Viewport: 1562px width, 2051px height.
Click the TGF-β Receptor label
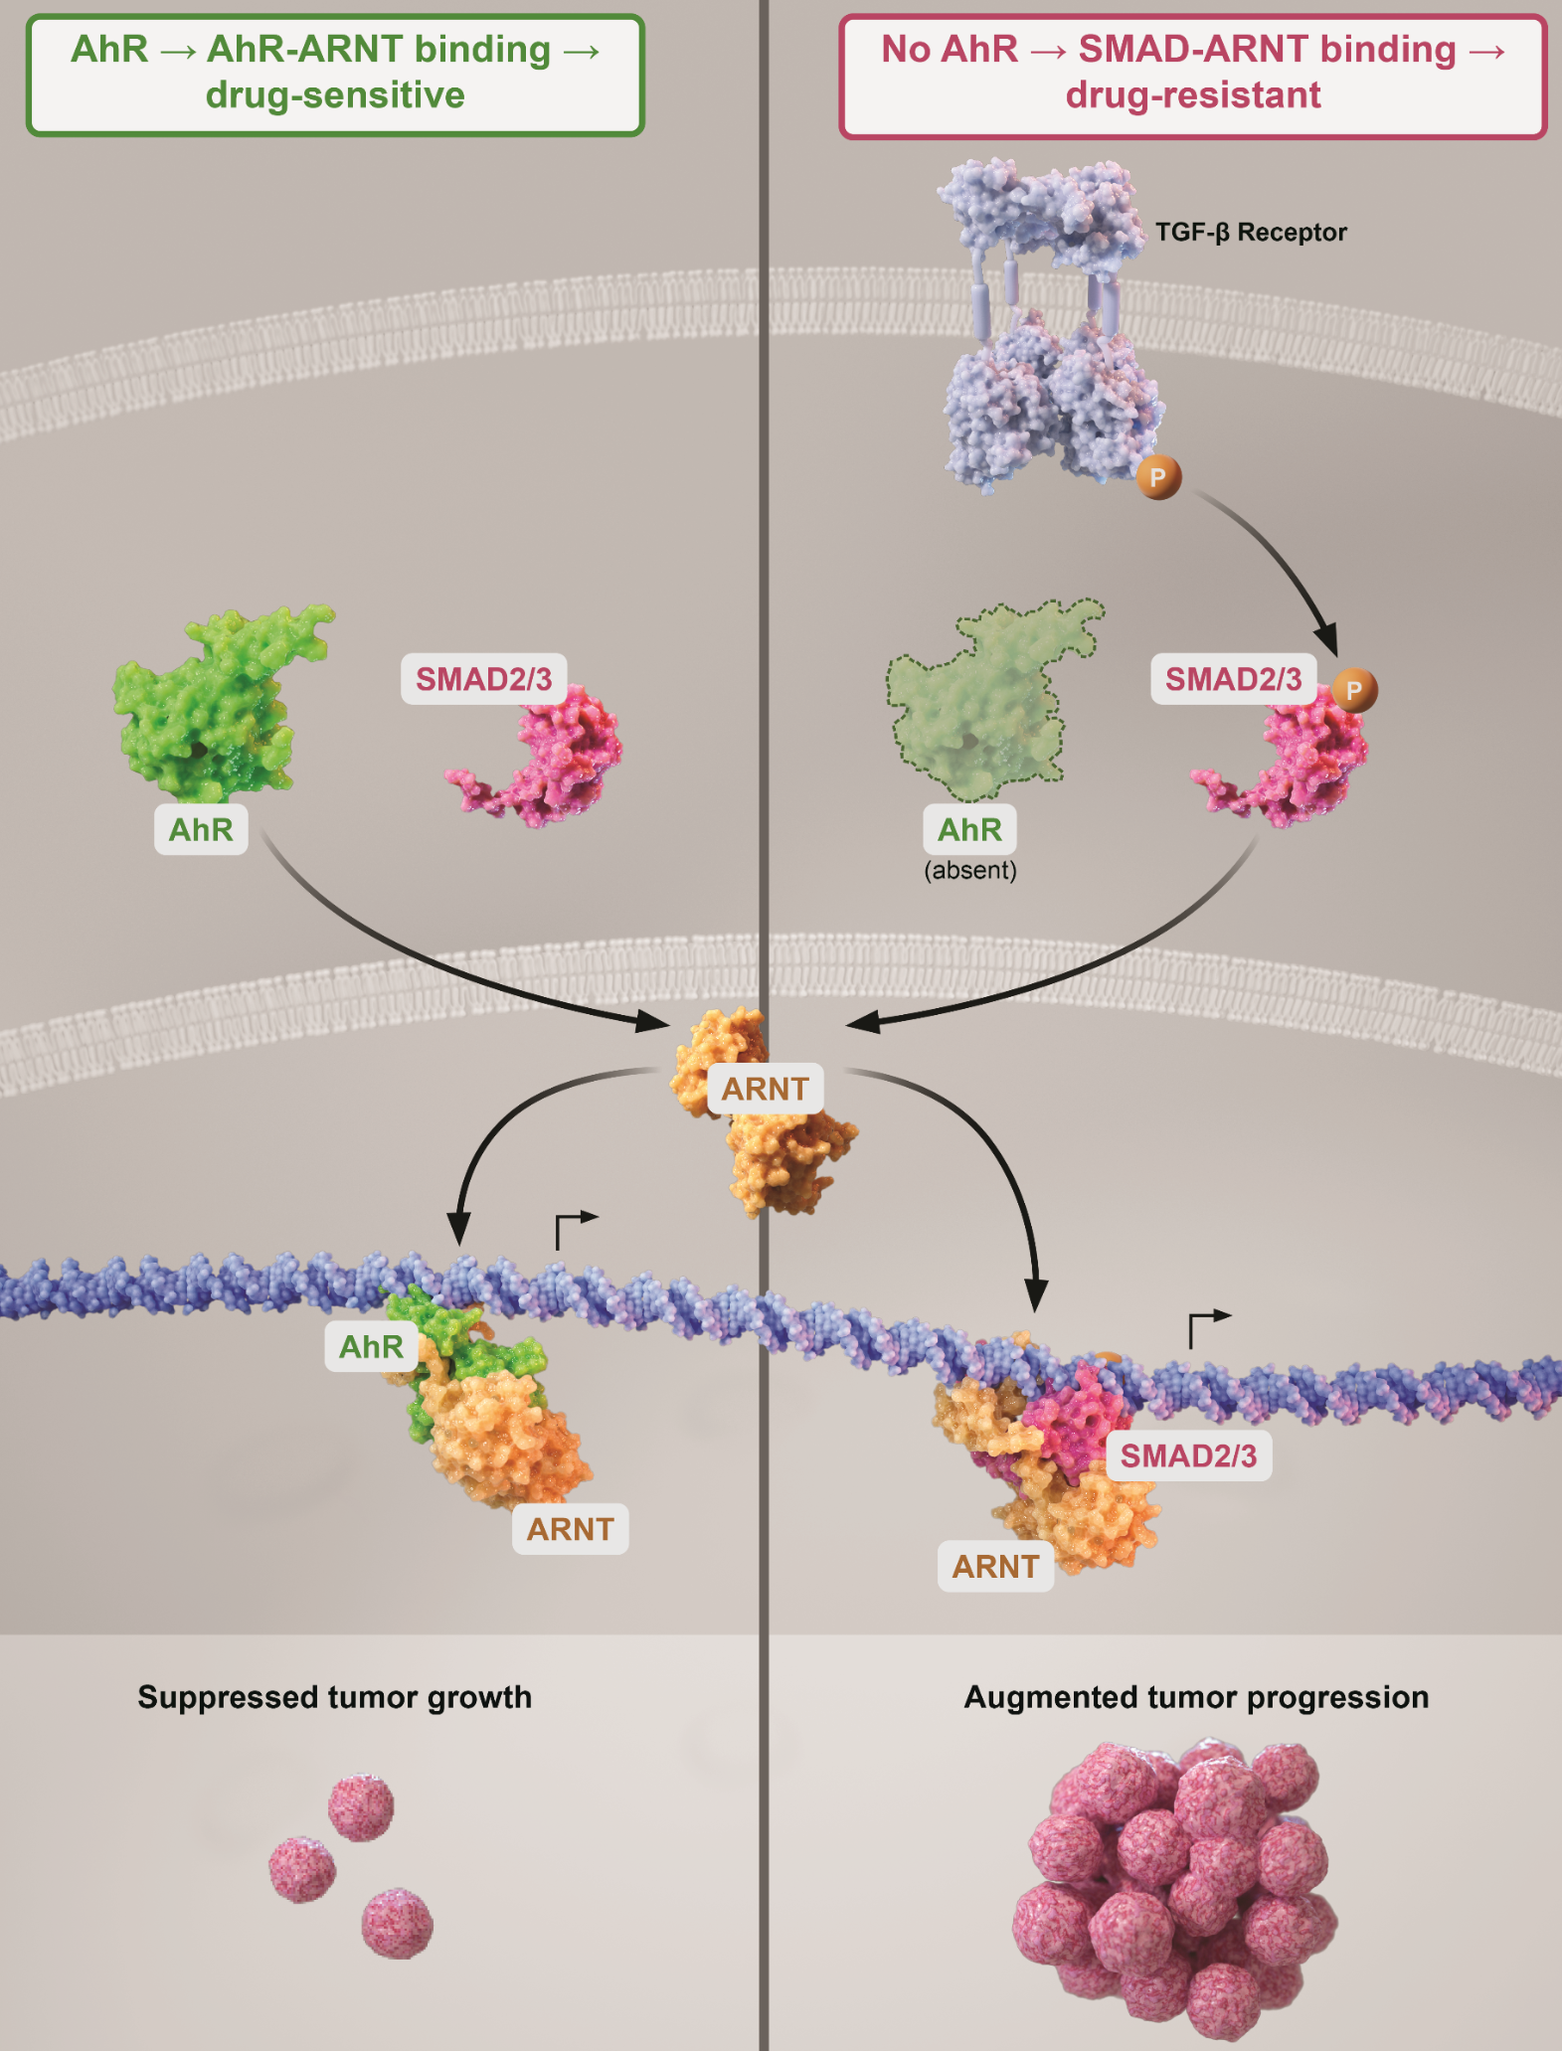[1250, 233]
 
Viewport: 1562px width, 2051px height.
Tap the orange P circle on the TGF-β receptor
[1158, 477]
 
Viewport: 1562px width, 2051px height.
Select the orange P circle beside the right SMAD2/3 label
[1354, 690]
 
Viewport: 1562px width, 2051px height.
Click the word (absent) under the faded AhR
[970, 871]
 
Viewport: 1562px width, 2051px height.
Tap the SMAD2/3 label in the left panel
[483, 679]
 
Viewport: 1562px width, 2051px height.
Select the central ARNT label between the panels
[765, 1089]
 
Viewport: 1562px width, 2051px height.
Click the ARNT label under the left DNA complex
[570, 1529]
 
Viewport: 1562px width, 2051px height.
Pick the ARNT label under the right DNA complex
[995, 1567]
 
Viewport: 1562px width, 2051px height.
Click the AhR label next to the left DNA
[371, 1346]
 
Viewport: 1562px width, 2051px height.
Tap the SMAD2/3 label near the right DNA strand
[1188, 1455]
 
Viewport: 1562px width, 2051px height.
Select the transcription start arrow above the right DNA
[1207, 1327]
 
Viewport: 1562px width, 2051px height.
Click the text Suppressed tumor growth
[334, 1697]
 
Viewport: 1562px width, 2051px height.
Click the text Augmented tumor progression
[1196, 1697]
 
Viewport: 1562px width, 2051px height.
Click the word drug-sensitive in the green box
[335, 95]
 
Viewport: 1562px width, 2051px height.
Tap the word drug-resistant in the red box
[1192, 95]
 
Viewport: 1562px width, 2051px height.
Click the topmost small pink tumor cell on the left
[361, 1807]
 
